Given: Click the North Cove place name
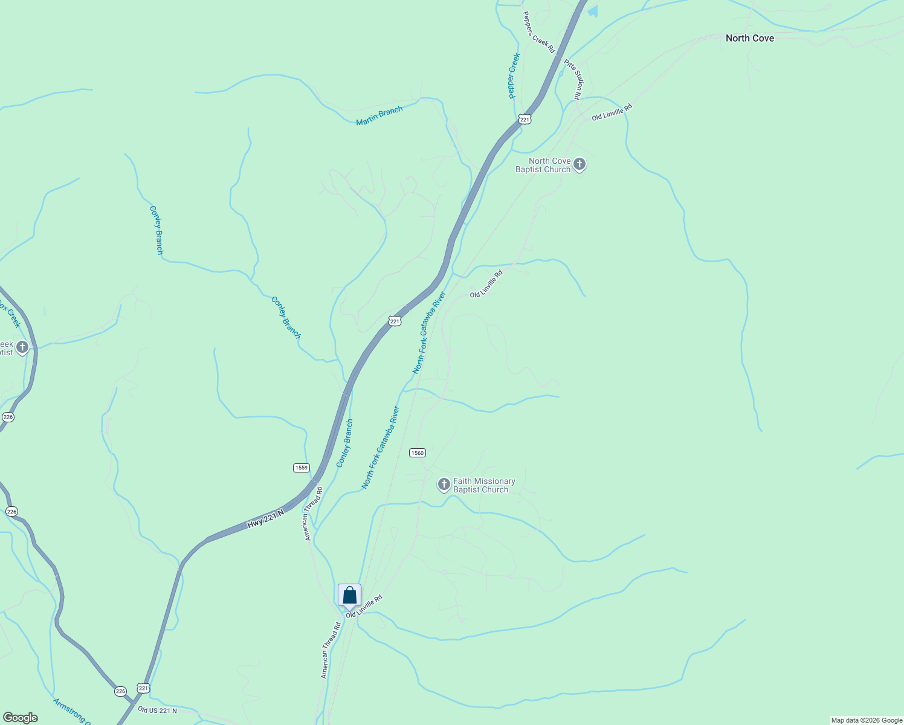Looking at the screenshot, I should tap(749, 38).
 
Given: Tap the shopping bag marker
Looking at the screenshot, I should tap(349, 596).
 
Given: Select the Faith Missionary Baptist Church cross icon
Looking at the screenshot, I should tap(444, 485).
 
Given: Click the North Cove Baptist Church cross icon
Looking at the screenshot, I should tap(579, 164).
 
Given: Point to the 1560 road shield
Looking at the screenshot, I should tap(417, 453).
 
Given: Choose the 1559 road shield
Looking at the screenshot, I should tap(302, 468).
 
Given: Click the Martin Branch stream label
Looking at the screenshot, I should tap(379, 115).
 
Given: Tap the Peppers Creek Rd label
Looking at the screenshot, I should tap(538, 32).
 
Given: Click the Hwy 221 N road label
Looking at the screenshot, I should tap(265, 520).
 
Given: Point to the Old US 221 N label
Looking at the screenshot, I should tap(157, 710).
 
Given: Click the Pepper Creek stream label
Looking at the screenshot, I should tap(514, 76).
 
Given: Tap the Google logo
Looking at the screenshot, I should tap(21, 717).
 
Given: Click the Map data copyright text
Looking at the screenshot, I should tap(866, 720).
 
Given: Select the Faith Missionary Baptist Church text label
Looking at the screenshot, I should tap(484, 485).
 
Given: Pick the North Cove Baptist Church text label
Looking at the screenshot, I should tap(543, 165).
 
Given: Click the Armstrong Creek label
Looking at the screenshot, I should tap(71, 712).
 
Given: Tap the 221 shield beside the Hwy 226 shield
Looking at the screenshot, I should tap(143, 688).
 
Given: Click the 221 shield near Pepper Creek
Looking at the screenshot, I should tap(525, 120).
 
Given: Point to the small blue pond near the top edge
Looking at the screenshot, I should tap(593, 11).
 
